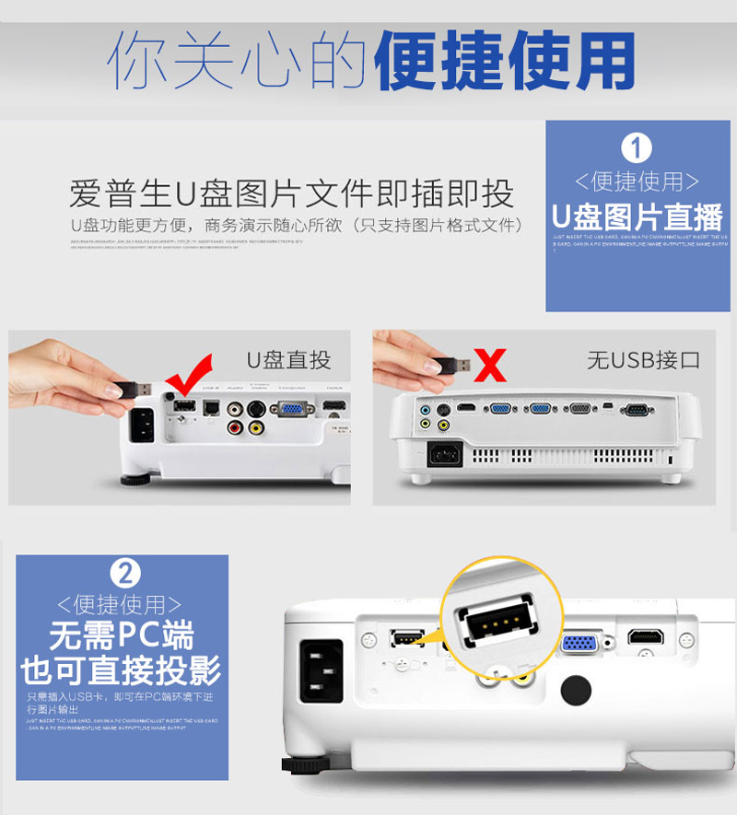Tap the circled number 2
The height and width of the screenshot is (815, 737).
click(x=125, y=573)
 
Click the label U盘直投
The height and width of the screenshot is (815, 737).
click(x=287, y=359)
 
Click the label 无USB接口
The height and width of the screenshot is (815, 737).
click(x=643, y=359)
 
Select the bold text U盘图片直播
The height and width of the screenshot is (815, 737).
click(x=638, y=217)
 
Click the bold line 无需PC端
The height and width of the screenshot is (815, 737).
click(x=122, y=636)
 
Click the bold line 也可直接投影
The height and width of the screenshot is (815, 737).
click(x=122, y=670)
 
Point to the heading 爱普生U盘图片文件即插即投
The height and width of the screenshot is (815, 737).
click(x=291, y=194)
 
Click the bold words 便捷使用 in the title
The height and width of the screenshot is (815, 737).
click(x=506, y=62)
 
